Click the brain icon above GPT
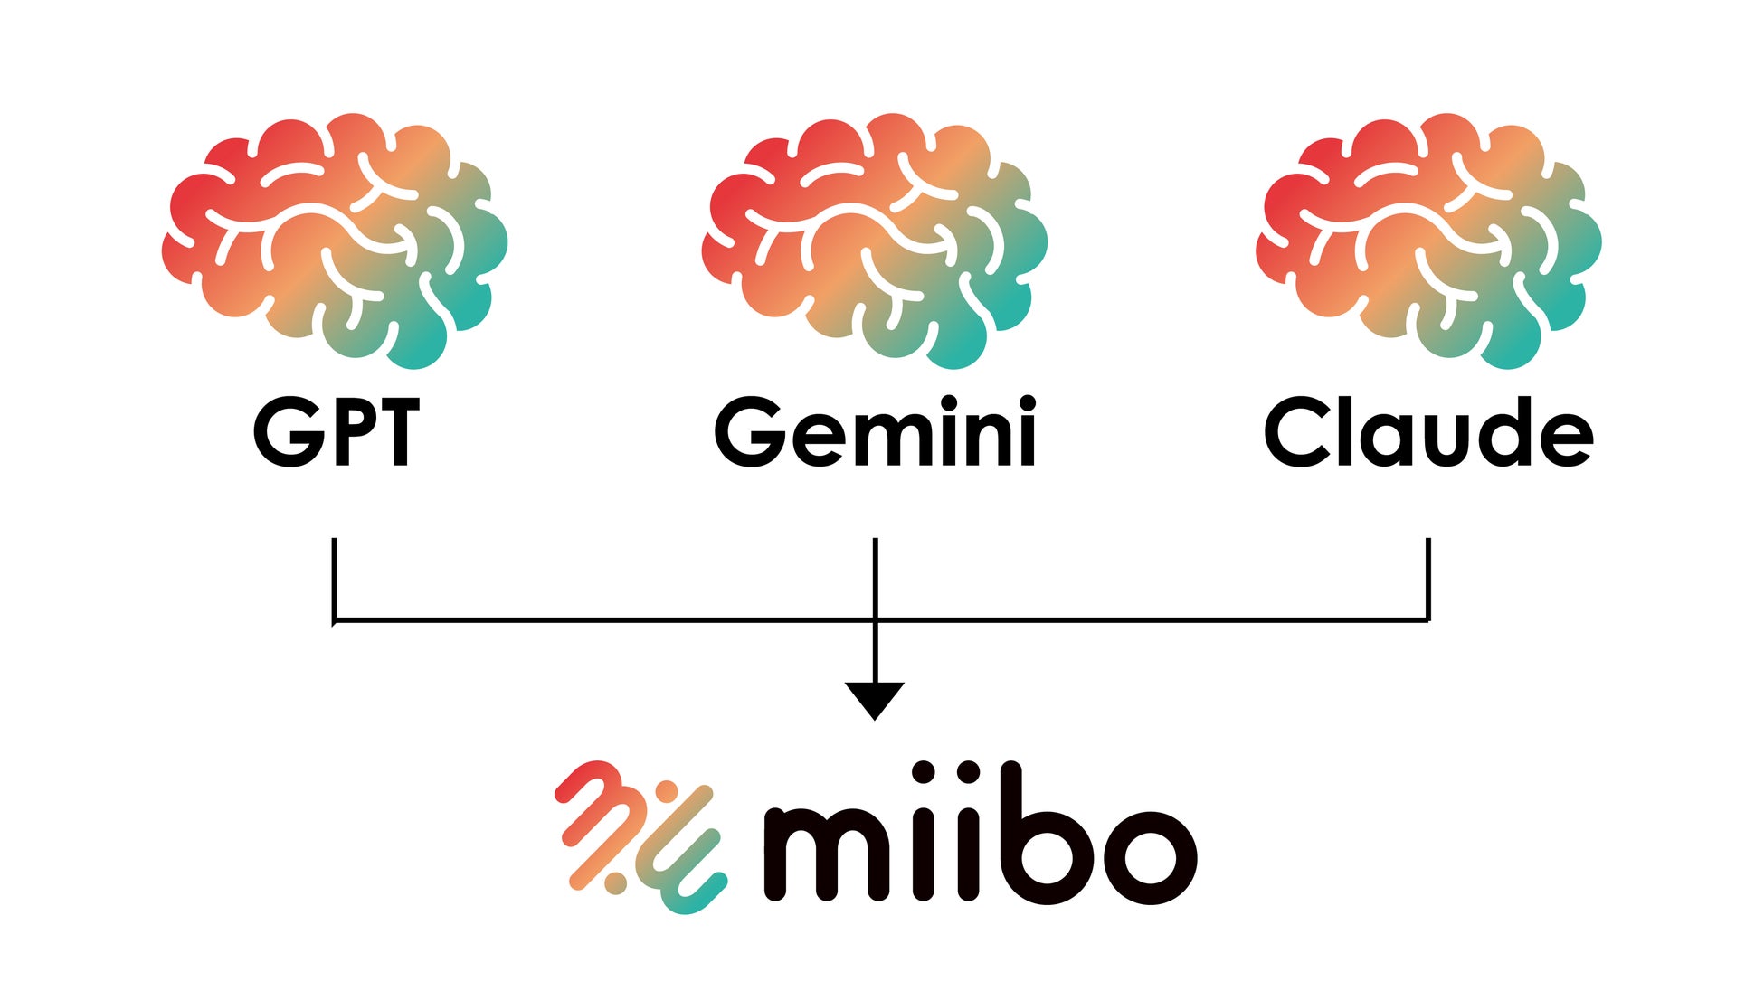[x=335, y=240]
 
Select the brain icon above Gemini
[x=875, y=240]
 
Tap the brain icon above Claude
[x=1429, y=240]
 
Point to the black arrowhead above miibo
[x=875, y=698]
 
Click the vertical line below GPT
[x=335, y=579]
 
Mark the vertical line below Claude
[x=1428, y=579]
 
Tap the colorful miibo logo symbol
[x=640, y=836]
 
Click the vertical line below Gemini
[x=875, y=579]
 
